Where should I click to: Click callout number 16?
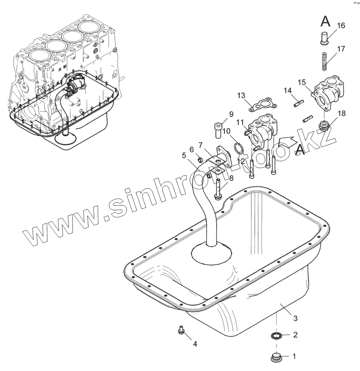(x=341, y=26)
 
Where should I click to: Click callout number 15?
(x=302, y=82)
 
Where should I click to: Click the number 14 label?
(x=288, y=90)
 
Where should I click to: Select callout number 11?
(x=226, y=131)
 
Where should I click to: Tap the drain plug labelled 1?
(x=276, y=357)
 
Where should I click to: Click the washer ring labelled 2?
(x=276, y=336)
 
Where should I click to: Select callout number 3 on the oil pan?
(x=295, y=318)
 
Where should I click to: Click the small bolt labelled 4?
(x=181, y=329)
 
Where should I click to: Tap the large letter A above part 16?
(x=325, y=21)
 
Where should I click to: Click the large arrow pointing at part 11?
(x=287, y=142)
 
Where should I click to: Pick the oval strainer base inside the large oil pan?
(x=211, y=254)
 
